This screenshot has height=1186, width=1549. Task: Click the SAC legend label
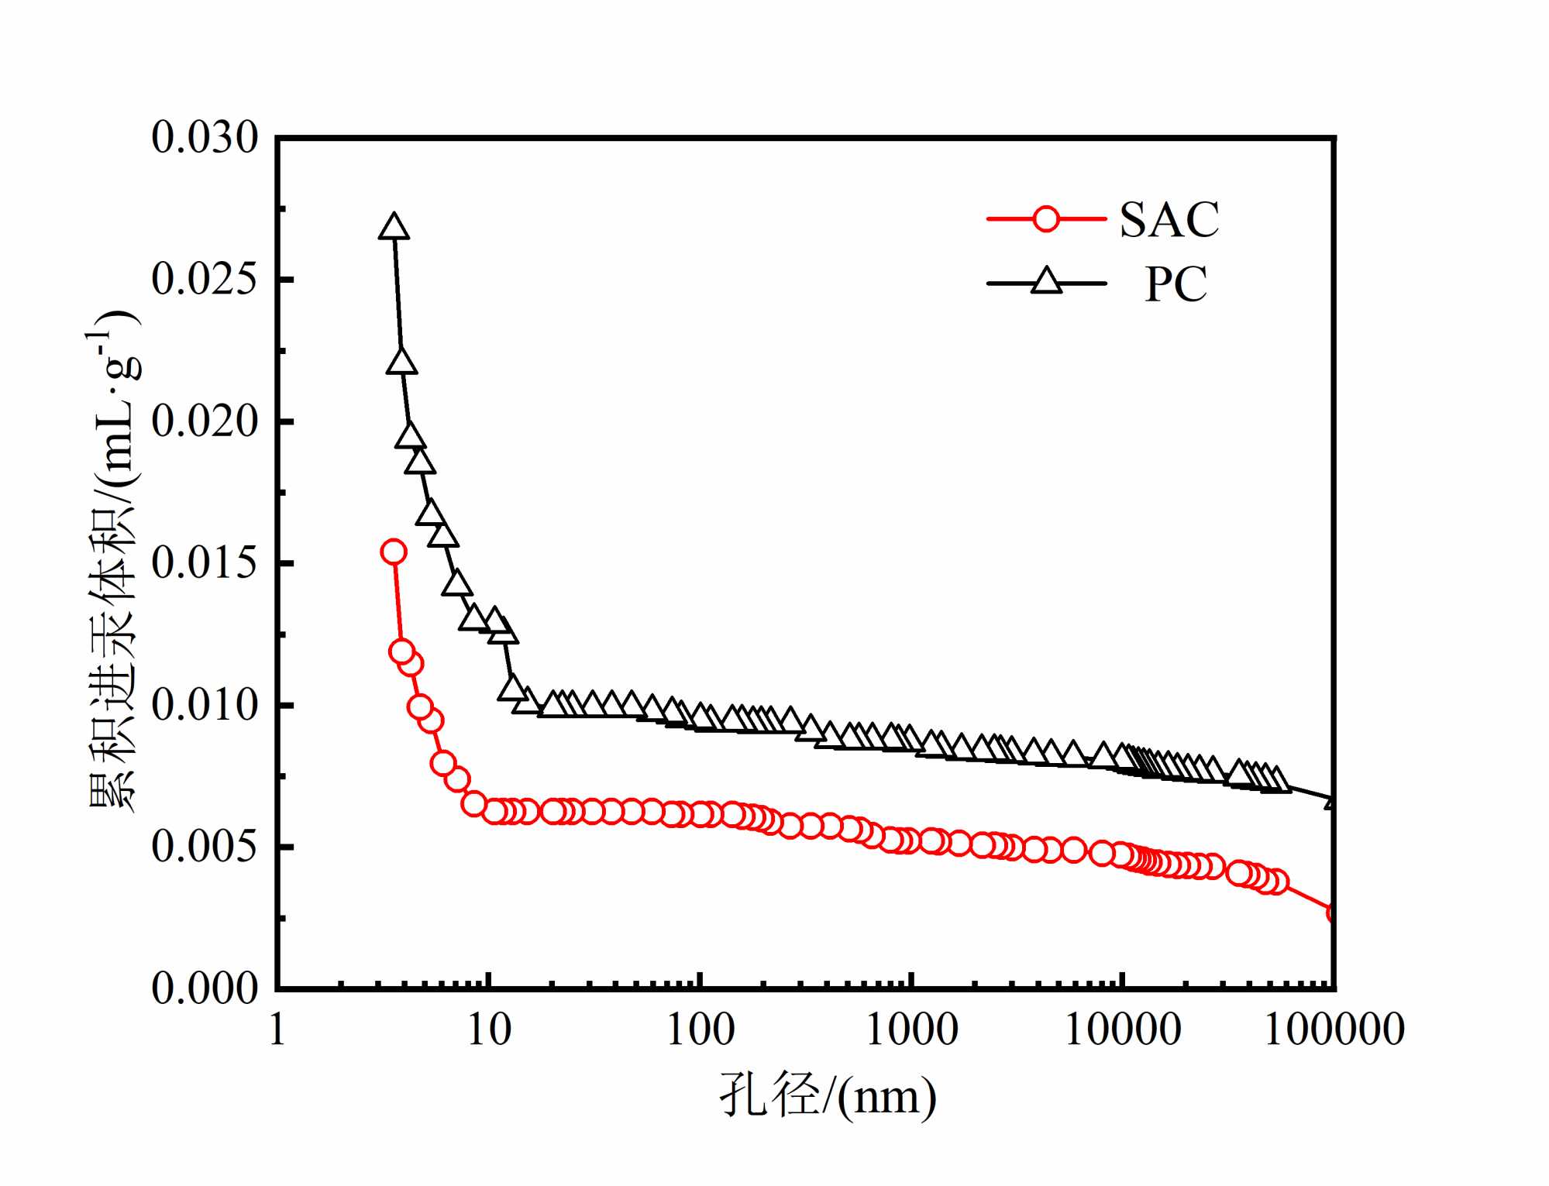coord(1169,220)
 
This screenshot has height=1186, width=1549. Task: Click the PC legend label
coord(1176,284)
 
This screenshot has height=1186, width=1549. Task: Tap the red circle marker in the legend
coord(1045,219)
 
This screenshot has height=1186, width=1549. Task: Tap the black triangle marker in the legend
coord(1046,281)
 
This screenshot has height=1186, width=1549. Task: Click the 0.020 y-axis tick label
coord(205,421)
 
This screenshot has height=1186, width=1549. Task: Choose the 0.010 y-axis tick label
coord(205,705)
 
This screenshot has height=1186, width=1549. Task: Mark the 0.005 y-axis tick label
coord(205,847)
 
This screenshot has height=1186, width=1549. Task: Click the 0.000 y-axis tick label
coord(205,988)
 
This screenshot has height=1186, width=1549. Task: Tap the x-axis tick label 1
coord(277,1030)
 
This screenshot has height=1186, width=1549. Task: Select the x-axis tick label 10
coord(489,1030)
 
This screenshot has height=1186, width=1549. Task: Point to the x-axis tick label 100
coord(700,1030)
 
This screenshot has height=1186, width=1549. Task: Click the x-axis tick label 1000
coord(912,1030)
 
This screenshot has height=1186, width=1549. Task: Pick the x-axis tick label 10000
coord(1123,1030)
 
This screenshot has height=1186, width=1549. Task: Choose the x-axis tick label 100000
coord(1334,1030)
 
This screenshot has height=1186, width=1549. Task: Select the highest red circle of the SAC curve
coord(394,552)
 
